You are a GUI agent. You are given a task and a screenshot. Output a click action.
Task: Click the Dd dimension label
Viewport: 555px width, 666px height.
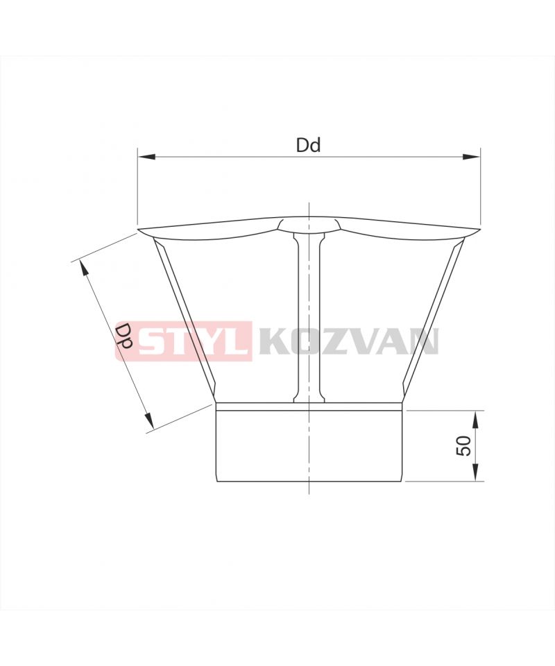click(308, 145)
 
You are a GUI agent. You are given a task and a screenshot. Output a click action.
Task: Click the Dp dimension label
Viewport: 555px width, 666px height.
click(124, 336)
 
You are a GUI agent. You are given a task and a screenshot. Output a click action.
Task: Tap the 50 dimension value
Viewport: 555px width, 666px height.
click(463, 446)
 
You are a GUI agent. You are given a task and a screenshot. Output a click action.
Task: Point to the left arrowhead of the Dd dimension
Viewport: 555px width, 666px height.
click(146, 157)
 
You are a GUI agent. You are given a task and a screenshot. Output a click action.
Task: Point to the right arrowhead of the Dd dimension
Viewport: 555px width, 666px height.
click(471, 157)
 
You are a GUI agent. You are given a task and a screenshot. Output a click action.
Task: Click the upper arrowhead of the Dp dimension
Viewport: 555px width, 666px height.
click(83, 268)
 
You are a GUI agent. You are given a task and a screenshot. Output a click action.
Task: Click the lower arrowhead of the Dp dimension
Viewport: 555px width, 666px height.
click(148, 420)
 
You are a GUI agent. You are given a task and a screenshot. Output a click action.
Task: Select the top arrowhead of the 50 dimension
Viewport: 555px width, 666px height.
click(475, 419)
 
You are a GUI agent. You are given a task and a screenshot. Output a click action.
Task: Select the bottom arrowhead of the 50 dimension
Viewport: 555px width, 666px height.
click(475, 473)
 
